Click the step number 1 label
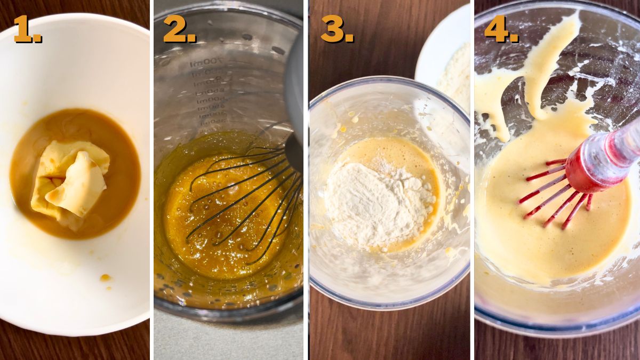pos(27,29)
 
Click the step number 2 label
pos(179,29)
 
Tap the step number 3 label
pos(337,29)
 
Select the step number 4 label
pos(500,29)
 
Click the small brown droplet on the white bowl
pos(105,278)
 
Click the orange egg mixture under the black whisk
pos(213,251)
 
